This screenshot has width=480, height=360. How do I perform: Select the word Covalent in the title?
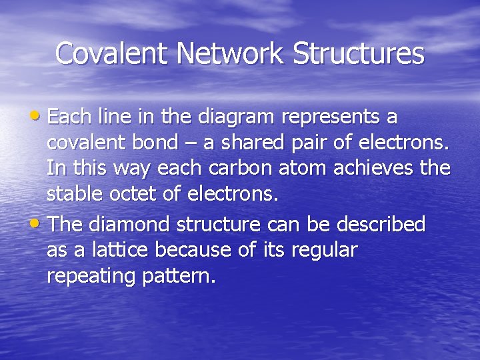[x=109, y=53]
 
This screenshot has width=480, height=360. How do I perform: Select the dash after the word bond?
[x=190, y=143]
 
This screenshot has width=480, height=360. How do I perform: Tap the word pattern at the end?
[x=177, y=276]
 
